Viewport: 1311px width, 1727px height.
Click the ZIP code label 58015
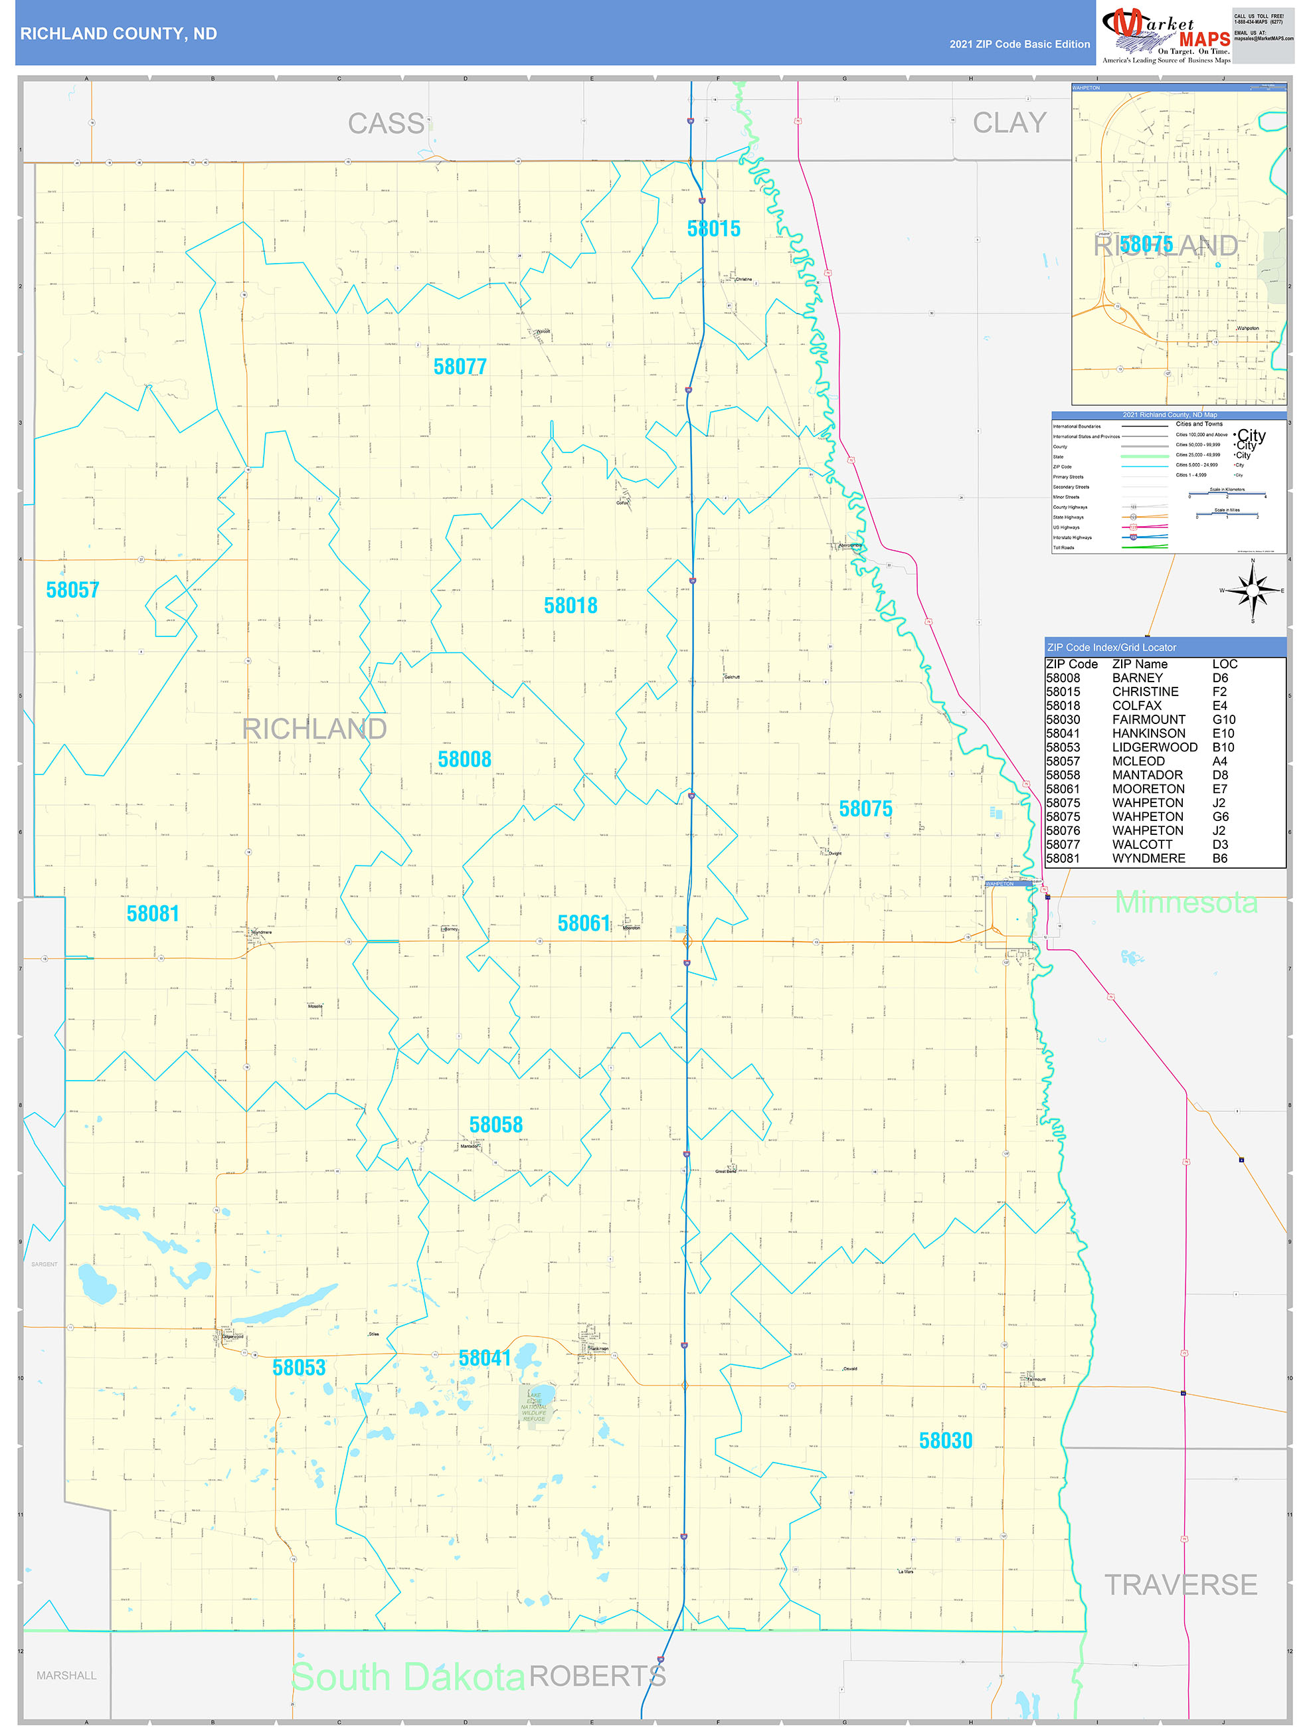[x=713, y=228]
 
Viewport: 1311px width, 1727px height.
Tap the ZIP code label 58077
[x=460, y=366]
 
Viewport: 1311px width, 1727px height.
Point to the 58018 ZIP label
[x=570, y=605]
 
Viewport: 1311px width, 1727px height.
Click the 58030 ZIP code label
[x=945, y=1441]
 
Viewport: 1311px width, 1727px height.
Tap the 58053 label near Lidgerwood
[x=298, y=1367]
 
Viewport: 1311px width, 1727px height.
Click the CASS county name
[x=386, y=124]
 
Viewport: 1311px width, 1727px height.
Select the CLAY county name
[x=1009, y=123]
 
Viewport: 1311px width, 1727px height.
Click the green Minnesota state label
[x=1185, y=902]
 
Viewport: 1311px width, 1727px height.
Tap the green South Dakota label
[x=408, y=1677]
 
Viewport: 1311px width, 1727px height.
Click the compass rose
[x=1253, y=591]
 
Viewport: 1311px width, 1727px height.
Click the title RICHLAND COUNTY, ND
[x=119, y=34]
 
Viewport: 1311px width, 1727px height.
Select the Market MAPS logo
[x=1165, y=35]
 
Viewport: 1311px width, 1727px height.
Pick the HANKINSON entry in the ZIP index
[x=1148, y=733]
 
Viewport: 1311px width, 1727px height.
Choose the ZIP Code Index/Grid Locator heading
[x=1111, y=647]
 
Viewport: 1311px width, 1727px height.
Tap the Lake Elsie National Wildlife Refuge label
[x=534, y=1408]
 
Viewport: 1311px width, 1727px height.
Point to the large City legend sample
[x=1251, y=435]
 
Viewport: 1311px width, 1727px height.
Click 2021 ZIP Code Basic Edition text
[x=1019, y=44]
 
